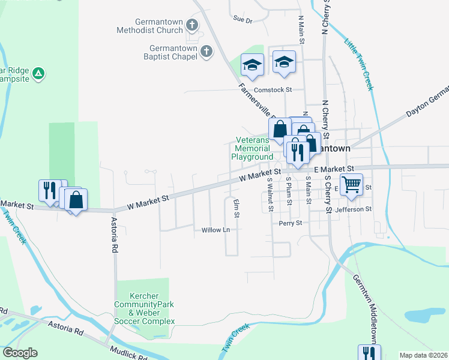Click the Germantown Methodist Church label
tap(149, 25)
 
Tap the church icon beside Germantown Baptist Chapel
tap(206, 52)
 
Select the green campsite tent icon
tap(38, 74)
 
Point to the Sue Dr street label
tap(243, 20)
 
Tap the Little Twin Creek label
tap(358, 64)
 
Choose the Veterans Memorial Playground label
tap(252, 149)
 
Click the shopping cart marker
tap(351, 184)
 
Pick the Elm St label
tap(237, 208)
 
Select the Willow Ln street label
tap(215, 230)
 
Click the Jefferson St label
tap(354, 209)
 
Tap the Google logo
tap(20, 353)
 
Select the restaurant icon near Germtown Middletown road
tap(367, 354)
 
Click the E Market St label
tap(334, 170)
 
